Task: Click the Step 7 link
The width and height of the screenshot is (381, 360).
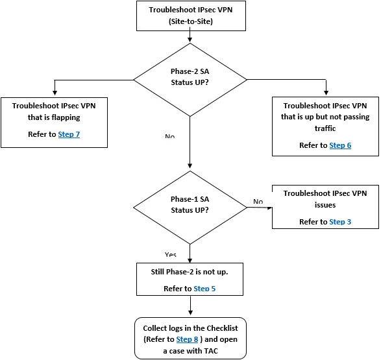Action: point(69,134)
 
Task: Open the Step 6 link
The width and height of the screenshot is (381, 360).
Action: point(340,145)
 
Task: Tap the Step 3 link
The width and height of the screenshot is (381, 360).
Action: point(340,222)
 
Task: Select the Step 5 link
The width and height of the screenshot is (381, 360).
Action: point(204,289)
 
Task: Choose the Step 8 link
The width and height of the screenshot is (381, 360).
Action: point(187,339)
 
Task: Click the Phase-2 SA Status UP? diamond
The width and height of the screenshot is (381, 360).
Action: point(190,80)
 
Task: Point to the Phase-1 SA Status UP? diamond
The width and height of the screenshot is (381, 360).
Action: point(190,208)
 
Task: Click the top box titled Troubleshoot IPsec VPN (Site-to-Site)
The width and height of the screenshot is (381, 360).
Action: point(191,16)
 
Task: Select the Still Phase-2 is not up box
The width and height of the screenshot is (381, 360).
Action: point(190,279)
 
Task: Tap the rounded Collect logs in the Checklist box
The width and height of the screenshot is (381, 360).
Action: point(191,338)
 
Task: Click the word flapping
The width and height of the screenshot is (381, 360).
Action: point(66,117)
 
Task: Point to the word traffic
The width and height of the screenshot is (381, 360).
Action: point(325,128)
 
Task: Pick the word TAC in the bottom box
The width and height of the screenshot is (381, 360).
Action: point(211,351)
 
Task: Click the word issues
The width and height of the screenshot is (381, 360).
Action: point(325,205)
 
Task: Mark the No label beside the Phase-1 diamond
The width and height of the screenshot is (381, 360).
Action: point(258,201)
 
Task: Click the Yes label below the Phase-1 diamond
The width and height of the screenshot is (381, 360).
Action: point(170,254)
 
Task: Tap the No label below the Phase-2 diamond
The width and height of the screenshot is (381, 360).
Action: point(169,136)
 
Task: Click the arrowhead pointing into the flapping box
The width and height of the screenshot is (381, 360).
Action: point(55,93)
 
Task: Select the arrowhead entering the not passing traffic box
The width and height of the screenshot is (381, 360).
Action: point(326,93)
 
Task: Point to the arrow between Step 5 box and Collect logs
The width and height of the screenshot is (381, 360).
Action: point(191,306)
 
